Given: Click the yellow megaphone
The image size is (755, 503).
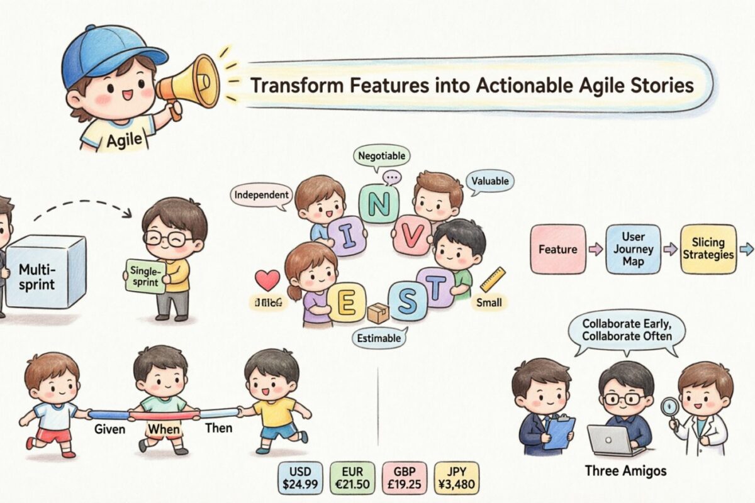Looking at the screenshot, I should tap(189, 82).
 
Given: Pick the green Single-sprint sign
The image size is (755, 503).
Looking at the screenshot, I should tap(145, 277).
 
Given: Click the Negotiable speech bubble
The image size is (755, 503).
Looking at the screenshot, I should tap(381, 155).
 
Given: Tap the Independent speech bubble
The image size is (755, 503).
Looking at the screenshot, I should tap(261, 195).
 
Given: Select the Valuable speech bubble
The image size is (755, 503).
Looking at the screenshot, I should tap(491, 181).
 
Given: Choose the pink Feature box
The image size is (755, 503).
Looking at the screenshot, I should tap(557, 250).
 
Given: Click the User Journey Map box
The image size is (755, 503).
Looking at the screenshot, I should tap(633, 250).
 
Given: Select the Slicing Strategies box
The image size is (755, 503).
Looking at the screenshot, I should tap(708, 250).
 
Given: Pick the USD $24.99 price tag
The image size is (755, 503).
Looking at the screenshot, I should tap(299, 477).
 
